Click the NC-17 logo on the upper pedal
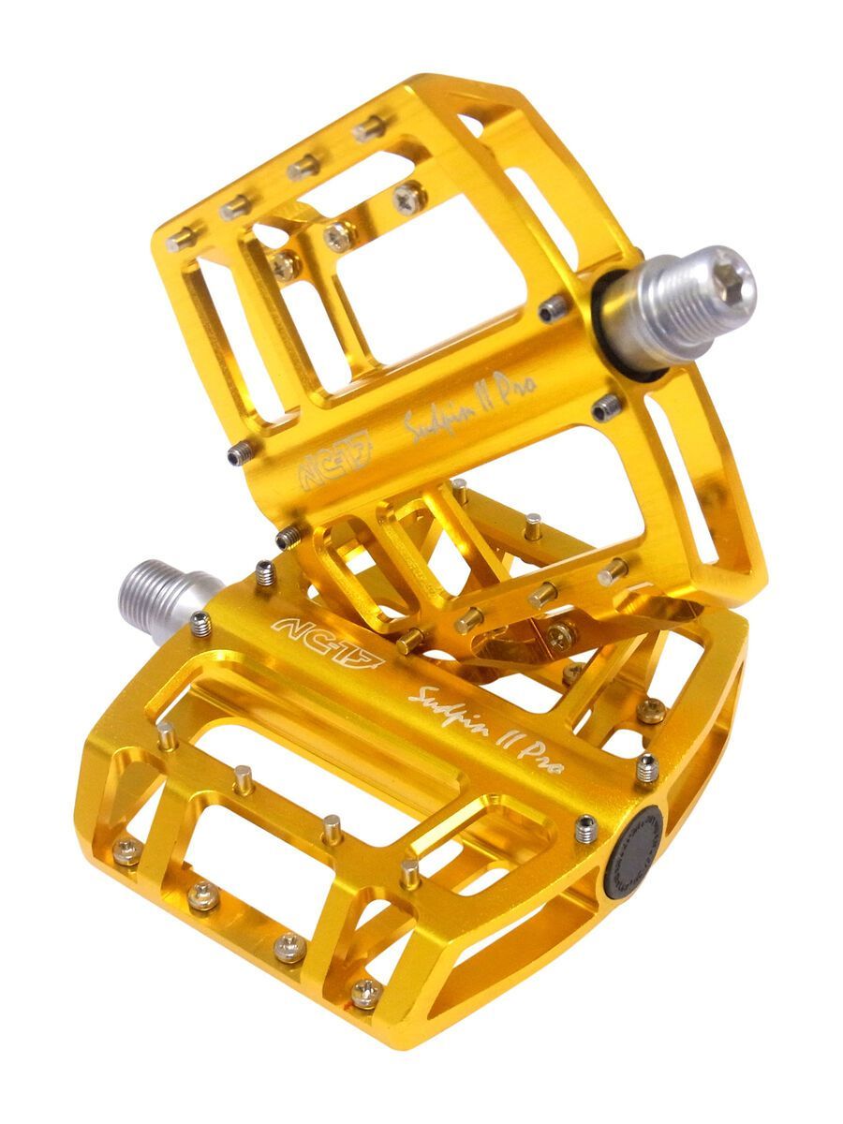334,459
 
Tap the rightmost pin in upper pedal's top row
369,128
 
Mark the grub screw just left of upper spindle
554,307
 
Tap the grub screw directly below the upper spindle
606,407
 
